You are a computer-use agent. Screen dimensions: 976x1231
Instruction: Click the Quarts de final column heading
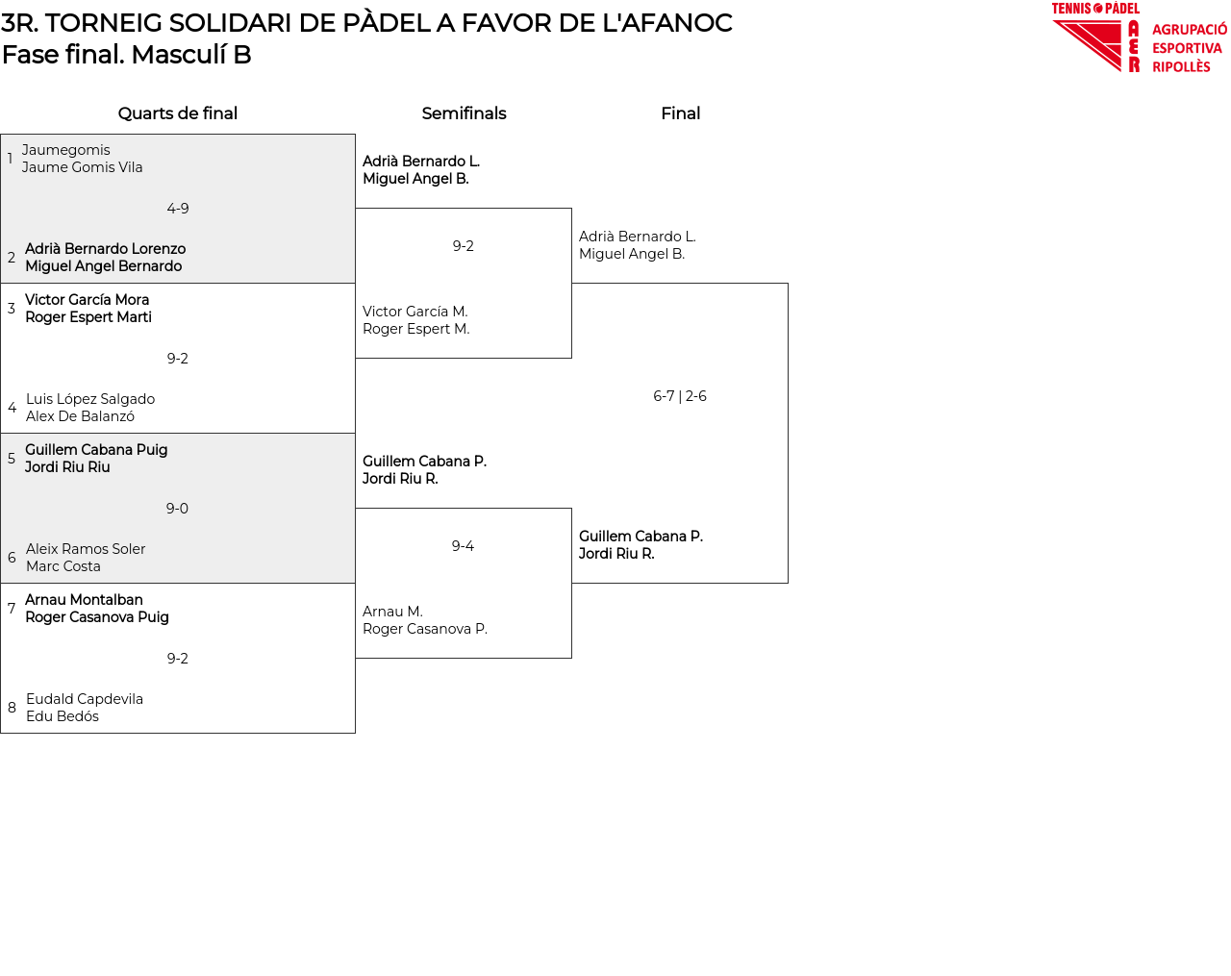178,113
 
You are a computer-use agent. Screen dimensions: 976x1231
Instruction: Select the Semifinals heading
464,113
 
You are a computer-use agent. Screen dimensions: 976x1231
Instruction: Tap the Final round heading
680,113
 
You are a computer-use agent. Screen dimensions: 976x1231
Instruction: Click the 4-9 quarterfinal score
178,209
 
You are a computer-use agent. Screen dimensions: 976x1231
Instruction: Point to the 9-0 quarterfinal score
177,509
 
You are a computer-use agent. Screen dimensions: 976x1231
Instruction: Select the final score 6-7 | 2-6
680,396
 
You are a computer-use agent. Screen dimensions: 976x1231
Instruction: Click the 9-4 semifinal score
463,546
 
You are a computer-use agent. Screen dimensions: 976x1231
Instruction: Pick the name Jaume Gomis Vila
83,167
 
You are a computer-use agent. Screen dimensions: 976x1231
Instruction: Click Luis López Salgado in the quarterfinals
90,399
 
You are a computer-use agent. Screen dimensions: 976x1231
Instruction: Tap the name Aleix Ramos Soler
86,549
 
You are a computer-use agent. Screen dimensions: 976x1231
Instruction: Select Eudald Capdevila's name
85,699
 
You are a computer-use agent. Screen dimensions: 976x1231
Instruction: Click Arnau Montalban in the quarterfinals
84,600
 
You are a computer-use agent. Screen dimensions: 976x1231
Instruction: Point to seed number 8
12,708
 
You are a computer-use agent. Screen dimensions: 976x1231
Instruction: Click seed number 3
12,309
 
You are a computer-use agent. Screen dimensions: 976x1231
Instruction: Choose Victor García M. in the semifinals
415,312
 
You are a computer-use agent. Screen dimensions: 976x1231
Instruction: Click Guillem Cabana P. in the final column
641,537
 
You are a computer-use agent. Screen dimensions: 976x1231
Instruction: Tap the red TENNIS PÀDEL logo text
1095,9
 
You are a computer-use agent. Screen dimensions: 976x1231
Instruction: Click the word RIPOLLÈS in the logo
1181,67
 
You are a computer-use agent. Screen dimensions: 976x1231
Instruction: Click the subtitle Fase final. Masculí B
127,55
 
